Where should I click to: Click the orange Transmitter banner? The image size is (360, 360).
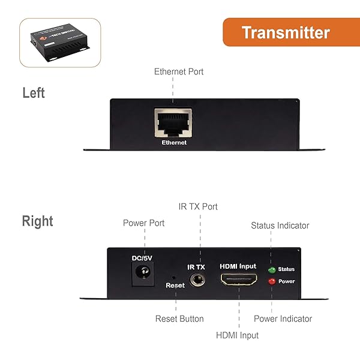tap(286, 32)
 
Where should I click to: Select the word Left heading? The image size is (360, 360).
tap(34, 93)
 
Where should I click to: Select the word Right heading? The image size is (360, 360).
tap(38, 221)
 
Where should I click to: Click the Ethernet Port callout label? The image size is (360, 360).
tap(179, 71)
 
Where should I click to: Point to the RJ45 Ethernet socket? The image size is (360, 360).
tap(173, 123)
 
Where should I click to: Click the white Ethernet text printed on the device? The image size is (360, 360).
tap(174, 143)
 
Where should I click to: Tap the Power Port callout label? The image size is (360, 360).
tap(143, 223)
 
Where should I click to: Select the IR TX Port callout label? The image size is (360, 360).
tap(198, 206)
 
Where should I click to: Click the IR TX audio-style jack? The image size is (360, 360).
tap(196, 280)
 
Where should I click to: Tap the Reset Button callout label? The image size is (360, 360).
tap(179, 319)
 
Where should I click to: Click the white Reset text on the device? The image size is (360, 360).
tap(175, 286)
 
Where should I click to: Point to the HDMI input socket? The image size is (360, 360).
tap(239, 279)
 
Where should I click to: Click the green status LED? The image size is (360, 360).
tap(271, 269)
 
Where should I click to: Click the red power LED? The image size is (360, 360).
tap(271, 281)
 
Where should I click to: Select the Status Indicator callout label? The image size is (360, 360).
tap(280, 226)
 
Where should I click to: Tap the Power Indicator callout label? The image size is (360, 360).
tap(283, 319)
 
